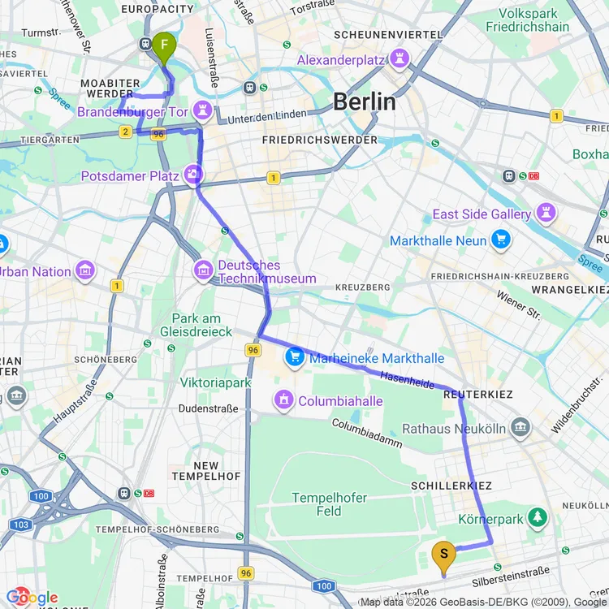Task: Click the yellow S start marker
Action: click(443, 556)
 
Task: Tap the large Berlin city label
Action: click(365, 101)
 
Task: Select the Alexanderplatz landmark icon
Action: click(400, 59)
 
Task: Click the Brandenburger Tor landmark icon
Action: click(201, 110)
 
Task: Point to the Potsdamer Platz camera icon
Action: click(193, 175)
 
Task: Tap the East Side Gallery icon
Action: click(546, 214)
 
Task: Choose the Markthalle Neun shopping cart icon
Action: click(501, 240)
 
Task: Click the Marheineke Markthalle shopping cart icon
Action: click(294, 357)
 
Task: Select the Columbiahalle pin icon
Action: click(283, 400)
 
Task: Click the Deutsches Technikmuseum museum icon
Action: click(203, 269)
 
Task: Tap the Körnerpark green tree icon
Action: click(537, 516)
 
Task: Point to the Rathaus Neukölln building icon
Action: click(520, 428)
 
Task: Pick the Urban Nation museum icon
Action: click(85, 271)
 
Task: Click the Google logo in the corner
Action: click(31, 598)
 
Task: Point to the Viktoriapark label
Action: click(215, 382)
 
